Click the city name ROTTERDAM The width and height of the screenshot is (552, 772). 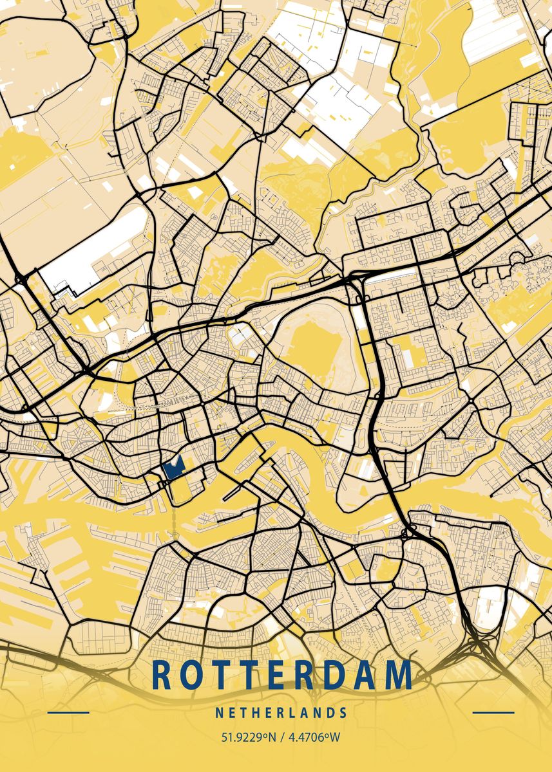pyautogui.click(x=281, y=675)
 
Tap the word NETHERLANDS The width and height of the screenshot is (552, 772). pyautogui.click(x=281, y=713)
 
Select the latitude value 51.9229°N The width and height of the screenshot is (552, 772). pyautogui.click(x=248, y=737)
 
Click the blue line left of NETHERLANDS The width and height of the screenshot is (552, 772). pyautogui.click(x=68, y=712)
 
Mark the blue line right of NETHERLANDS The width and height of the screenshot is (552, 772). pyautogui.click(x=493, y=712)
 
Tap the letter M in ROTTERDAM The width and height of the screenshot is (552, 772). pyautogui.click(x=400, y=675)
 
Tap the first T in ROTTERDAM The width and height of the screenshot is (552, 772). pyautogui.click(x=221, y=675)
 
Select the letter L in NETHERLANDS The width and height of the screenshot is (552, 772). pyautogui.click(x=292, y=713)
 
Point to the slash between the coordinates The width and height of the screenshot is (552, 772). pyautogui.click(x=281, y=737)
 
